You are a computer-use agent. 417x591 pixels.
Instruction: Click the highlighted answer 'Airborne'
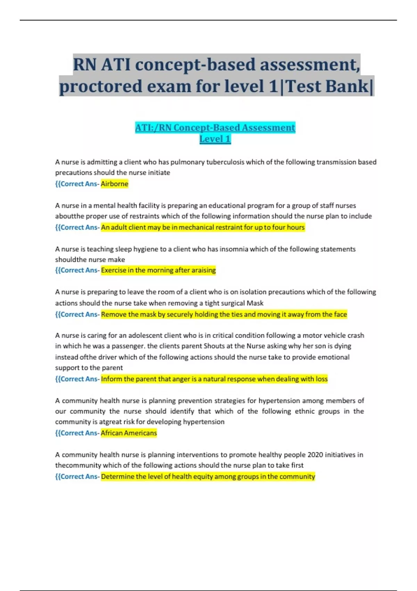coord(114,184)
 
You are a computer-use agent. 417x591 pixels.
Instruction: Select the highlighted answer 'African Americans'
coord(129,433)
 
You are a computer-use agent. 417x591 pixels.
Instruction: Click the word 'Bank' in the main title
coord(346,86)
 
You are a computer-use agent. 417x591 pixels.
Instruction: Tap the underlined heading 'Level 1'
coord(215,139)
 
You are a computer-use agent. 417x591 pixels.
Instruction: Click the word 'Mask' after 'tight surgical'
coord(255,303)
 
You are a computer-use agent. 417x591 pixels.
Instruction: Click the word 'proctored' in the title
coord(100,86)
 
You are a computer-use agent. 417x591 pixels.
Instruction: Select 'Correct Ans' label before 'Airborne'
coord(79,184)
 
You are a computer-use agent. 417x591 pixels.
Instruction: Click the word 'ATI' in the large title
coord(116,65)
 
